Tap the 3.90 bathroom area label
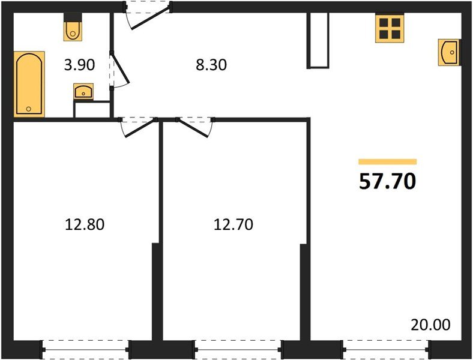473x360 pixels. pyautogui.click(x=79, y=64)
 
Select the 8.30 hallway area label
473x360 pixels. pyautogui.click(x=212, y=64)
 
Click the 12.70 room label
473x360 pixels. pyautogui.click(x=233, y=225)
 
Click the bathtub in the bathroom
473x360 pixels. pyautogui.click(x=29, y=84)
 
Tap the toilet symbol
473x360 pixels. pyautogui.click(x=73, y=29)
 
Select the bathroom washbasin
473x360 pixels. pyautogui.click(x=83, y=92)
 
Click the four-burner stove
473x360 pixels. pyautogui.click(x=389, y=28)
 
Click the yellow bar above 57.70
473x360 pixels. pyautogui.click(x=387, y=161)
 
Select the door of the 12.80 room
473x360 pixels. pyautogui.click(x=137, y=126)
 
